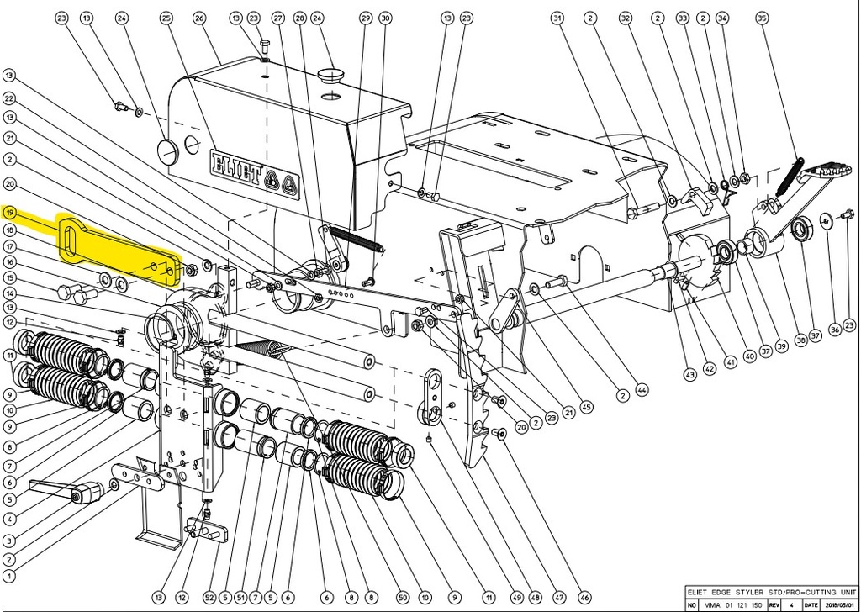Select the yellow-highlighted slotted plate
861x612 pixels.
coord(118,251)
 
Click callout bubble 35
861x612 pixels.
coord(763,18)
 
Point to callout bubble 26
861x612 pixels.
coord(199,18)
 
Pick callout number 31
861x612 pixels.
coord(557,18)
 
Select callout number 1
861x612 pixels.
coord(10,577)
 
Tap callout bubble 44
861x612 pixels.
coord(643,389)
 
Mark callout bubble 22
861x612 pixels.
coord(10,98)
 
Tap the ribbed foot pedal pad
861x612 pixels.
coord(821,177)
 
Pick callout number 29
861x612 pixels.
coord(365,18)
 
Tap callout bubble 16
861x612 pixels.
coord(10,262)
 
